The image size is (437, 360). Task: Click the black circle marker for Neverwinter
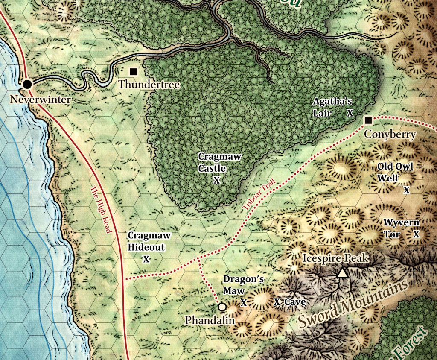click(27, 84)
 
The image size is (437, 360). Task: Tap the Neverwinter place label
click(41, 100)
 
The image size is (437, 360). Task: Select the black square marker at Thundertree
click(133, 71)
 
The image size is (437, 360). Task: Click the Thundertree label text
click(149, 85)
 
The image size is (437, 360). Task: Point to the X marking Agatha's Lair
click(350, 113)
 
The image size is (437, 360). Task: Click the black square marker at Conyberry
click(368, 120)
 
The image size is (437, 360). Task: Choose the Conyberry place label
click(390, 135)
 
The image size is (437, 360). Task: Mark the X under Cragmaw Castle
click(216, 180)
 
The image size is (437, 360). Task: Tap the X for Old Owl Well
click(406, 190)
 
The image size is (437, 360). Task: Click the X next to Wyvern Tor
click(416, 234)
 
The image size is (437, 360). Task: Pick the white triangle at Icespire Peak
click(342, 272)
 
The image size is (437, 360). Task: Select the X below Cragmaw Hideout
click(146, 259)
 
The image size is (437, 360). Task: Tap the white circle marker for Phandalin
click(222, 307)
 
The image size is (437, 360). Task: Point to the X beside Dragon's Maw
click(244, 303)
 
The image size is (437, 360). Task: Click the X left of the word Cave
click(277, 302)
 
